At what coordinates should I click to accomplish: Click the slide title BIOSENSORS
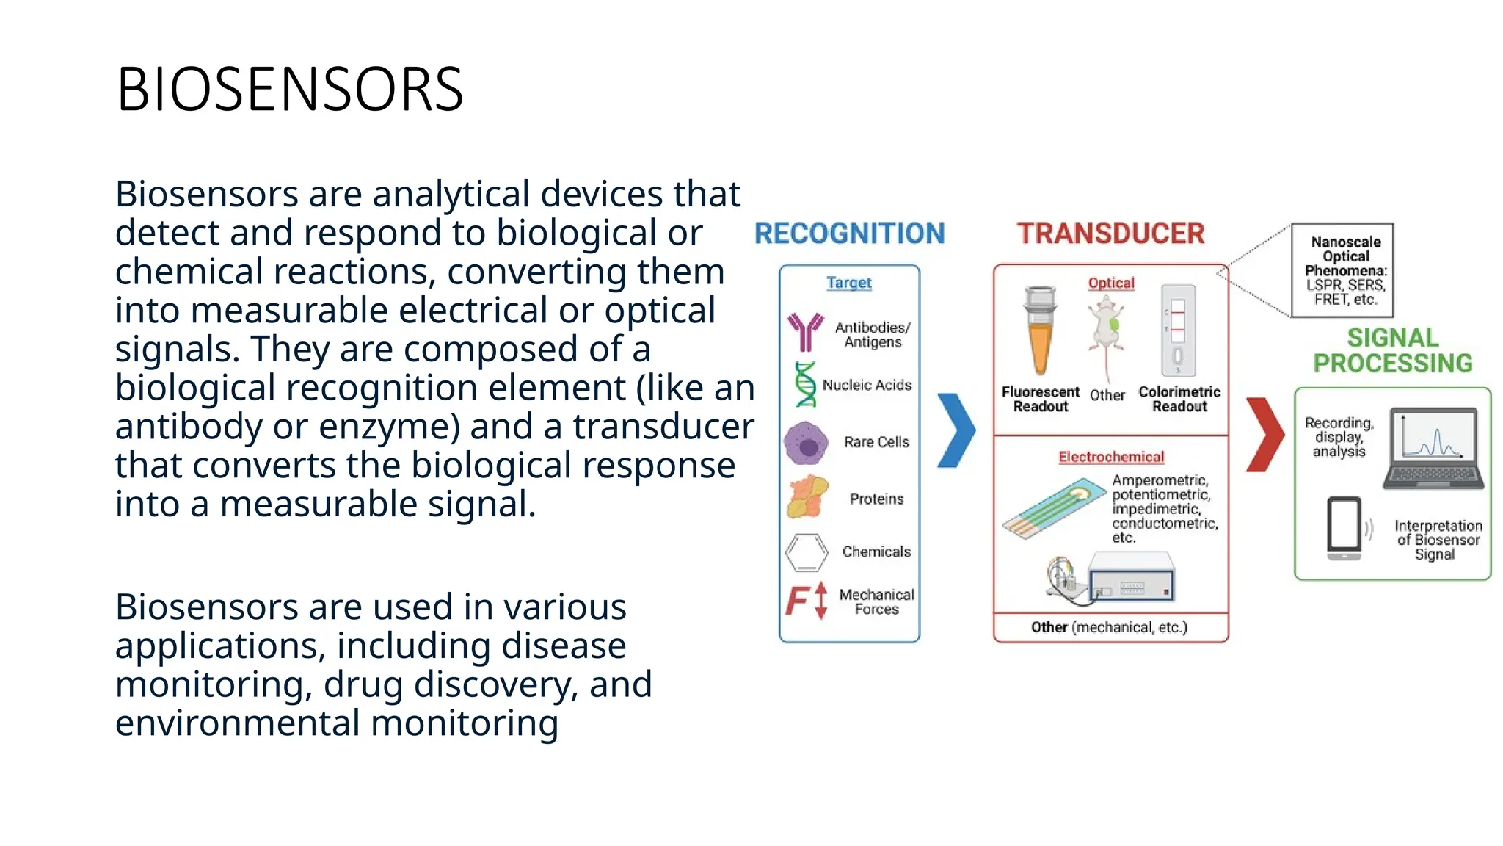290,90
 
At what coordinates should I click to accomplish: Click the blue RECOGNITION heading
849,234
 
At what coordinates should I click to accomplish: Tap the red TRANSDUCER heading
1110,234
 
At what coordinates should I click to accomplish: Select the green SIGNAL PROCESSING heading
1392,350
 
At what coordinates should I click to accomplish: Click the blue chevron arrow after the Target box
956,430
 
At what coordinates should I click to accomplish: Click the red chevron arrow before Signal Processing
1265,435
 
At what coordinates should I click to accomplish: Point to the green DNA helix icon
806,384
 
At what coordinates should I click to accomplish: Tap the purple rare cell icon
806,443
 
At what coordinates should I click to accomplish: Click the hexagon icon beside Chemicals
807,552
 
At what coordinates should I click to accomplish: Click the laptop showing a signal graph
1429,448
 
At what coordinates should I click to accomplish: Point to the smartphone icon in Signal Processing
1344,527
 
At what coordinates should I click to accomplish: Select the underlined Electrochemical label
1110,457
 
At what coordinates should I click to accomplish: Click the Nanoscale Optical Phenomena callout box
1342,270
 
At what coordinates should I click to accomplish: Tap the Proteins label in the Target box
876,499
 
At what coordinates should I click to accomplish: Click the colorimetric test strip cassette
1177,330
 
